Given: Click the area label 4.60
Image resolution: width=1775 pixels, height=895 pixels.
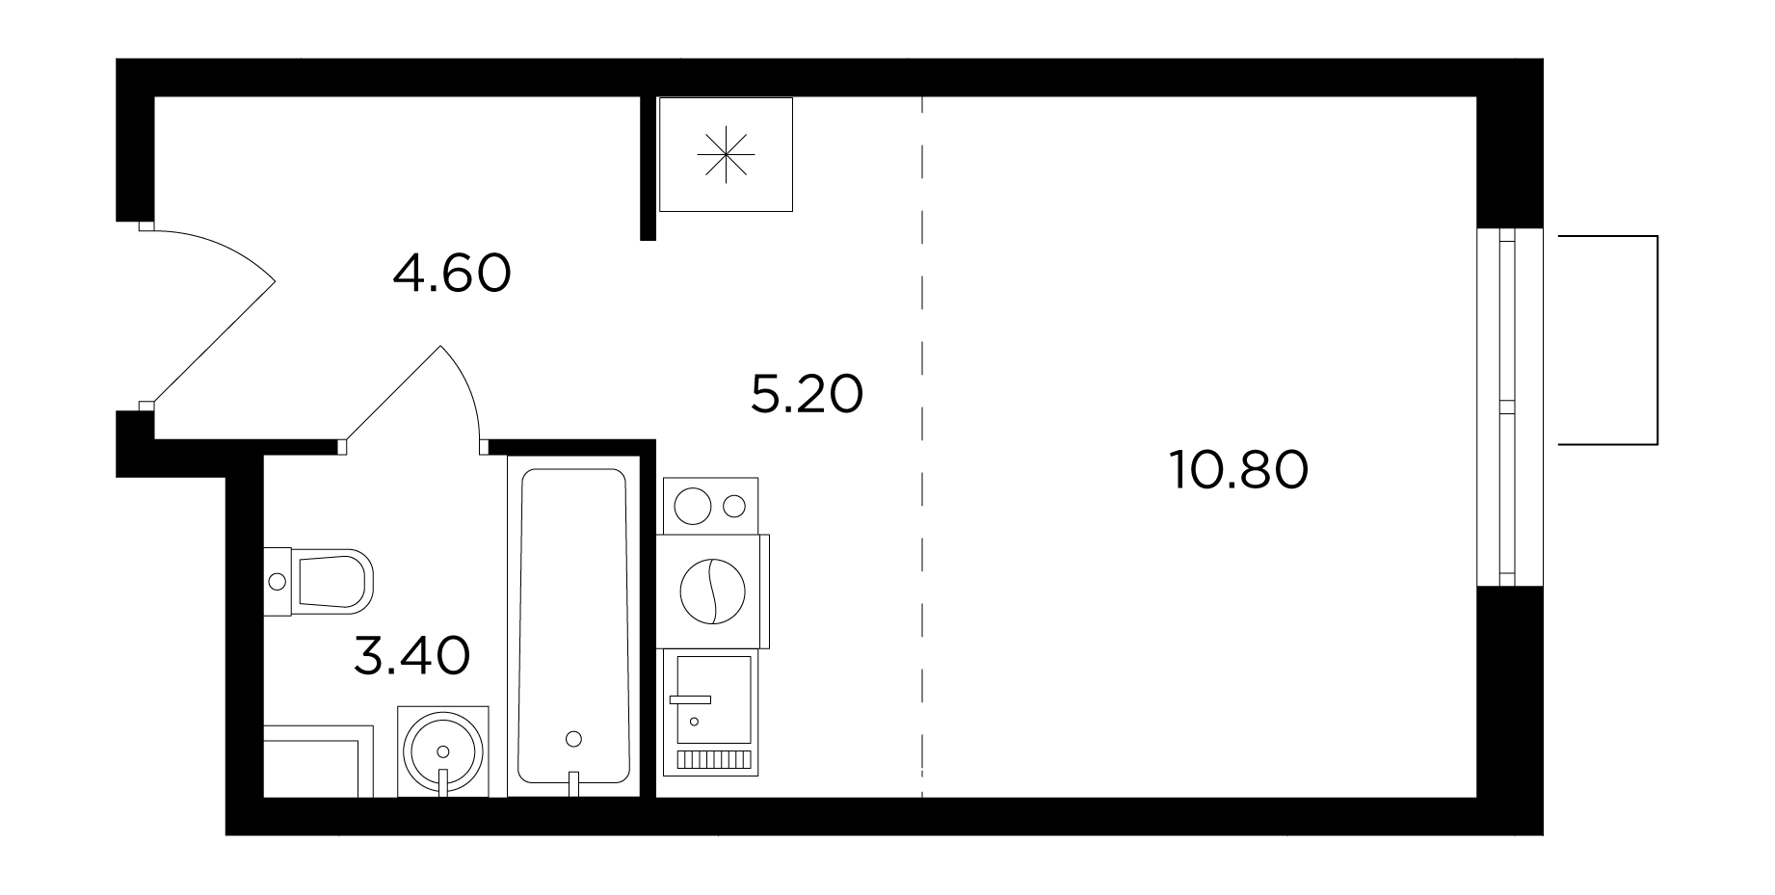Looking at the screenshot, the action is pos(452,274).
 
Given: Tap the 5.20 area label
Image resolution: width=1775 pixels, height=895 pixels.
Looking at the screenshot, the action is pos(807,394).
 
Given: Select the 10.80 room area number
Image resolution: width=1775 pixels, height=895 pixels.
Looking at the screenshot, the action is pos(1239,470).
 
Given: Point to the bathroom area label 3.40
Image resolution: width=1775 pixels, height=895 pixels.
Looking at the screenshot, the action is pos(412,655).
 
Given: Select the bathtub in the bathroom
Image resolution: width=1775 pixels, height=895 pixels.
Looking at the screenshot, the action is pos(574,626).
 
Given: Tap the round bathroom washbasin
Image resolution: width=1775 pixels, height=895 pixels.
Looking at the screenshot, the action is pos(443,751).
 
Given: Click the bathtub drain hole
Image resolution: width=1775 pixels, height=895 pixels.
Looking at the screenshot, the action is pos(574,739).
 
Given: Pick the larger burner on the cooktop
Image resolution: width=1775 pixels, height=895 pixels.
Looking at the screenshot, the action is pos(692,506).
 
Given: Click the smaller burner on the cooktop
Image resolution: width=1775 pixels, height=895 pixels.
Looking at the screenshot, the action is pos(734,506).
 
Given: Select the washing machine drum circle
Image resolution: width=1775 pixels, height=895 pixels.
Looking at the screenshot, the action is pos(713,592).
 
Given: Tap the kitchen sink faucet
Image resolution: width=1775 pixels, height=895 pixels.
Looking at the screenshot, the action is pos(691,698).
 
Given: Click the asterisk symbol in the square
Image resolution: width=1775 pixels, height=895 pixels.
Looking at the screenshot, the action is pos(726,155).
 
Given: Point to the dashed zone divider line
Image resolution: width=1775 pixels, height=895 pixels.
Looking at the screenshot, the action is pos(922,447).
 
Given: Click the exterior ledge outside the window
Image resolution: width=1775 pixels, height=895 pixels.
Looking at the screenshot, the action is pos(1607,340).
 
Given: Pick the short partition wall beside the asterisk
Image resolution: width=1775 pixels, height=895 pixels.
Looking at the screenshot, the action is pos(648,168).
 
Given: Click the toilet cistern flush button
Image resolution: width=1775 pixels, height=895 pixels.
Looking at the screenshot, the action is pos(278,581).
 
